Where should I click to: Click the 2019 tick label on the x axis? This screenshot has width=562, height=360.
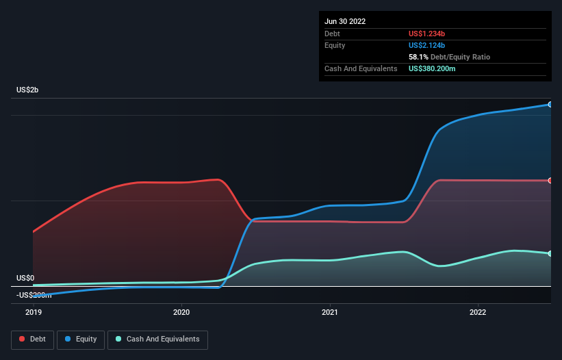(x=34, y=312)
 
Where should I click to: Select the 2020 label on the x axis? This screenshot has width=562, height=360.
(x=181, y=312)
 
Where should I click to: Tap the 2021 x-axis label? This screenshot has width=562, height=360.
(x=330, y=312)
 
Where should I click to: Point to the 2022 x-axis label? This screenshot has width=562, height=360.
(x=478, y=312)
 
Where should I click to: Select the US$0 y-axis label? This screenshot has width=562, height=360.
(x=26, y=279)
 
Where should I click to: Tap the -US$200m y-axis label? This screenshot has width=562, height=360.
(x=34, y=295)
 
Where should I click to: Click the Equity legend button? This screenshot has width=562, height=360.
(x=81, y=339)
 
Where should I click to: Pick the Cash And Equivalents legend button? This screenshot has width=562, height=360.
(x=157, y=339)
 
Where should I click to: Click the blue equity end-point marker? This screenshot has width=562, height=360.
(x=550, y=105)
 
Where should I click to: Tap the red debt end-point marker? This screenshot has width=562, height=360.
(x=550, y=181)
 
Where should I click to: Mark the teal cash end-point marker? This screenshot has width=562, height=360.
(x=550, y=254)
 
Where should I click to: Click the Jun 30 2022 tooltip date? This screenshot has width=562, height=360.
(x=345, y=21)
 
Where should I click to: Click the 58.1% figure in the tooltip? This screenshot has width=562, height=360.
(x=418, y=57)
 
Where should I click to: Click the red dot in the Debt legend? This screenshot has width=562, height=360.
(x=22, y=339)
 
